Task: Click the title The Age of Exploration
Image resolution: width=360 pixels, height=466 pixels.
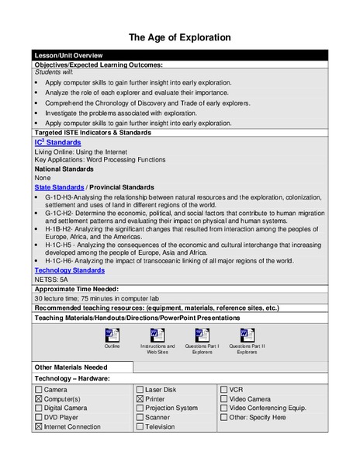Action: pyautogui.click(x=179, y=37)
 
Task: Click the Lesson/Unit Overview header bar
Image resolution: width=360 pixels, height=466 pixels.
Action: pyautogui.click(x=179, y=55)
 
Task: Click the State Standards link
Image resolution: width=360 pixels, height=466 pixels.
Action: pyautogui.click(x=58, y=187)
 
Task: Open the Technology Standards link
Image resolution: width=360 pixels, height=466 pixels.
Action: pyautogui.click(x=69, y=270)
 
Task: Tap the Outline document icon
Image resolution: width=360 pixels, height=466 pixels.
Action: pyautogui.click(x=112, y=335)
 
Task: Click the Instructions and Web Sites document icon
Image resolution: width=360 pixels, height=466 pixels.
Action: pyautogui.click(x=157, y=335)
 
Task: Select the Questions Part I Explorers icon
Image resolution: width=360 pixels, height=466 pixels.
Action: pyautogui.click(x=202, y=335)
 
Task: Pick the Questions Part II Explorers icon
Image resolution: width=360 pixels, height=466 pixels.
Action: pyautogui.click(x=247, y=335)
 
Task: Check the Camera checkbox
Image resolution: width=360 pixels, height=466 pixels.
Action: pyautogui.click(x=39, y=389)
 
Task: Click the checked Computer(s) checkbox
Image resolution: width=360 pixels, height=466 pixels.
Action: pyautogui.click(x=39, y=398)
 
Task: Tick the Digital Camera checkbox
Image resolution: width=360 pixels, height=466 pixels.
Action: pyautogui.click(x=39, y=408)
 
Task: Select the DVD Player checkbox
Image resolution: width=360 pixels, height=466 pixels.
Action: pyautogui.click(x=39, y=417)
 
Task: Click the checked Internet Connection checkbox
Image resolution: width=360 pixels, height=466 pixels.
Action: pyautogui.click(x=39, y=426)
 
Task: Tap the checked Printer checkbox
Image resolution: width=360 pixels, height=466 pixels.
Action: pyautogui.click(x=140, y=398)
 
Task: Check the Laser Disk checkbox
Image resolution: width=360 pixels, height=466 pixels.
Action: pyautogui.click(x=140, y=389)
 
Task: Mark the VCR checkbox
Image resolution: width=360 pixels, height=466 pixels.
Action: pyautogui.click(x=223, y=389)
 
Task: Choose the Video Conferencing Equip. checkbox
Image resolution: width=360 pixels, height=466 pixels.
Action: pyautogui.click(x=223, y=408)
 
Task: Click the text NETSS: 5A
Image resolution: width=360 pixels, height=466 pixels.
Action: pyautogui.click(x=53, y=280)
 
